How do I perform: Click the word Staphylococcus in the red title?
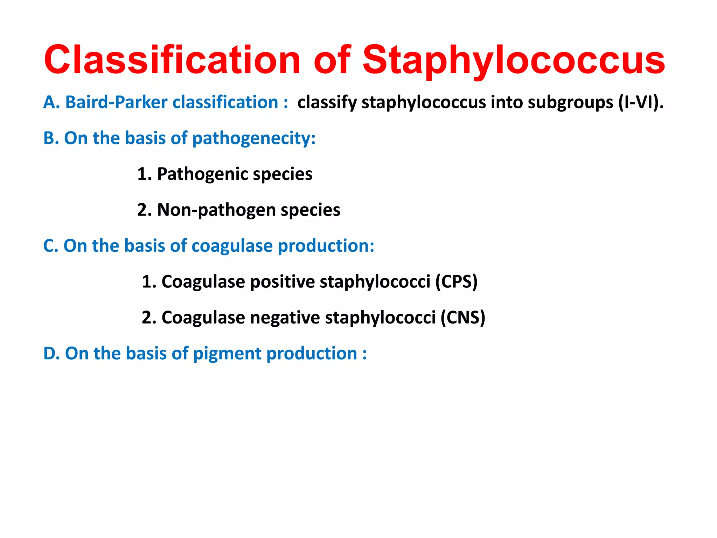click(513, 60)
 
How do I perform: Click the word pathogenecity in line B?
click(254, 138)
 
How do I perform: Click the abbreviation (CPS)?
click(457, 282)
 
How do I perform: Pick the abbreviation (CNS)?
click(463, 318)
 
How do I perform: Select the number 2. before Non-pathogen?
click(144, 210)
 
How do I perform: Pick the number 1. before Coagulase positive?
click(149, 282)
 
